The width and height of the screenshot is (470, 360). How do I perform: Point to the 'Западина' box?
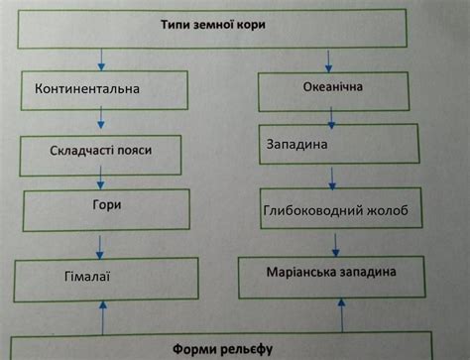[x=332, y=145]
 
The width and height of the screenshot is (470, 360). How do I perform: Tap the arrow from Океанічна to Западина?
[x=331, y=117]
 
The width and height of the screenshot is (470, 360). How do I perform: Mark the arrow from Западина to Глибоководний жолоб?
[x=333, y=178]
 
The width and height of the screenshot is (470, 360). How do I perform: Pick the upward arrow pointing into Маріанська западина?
[x=341, y=314]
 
